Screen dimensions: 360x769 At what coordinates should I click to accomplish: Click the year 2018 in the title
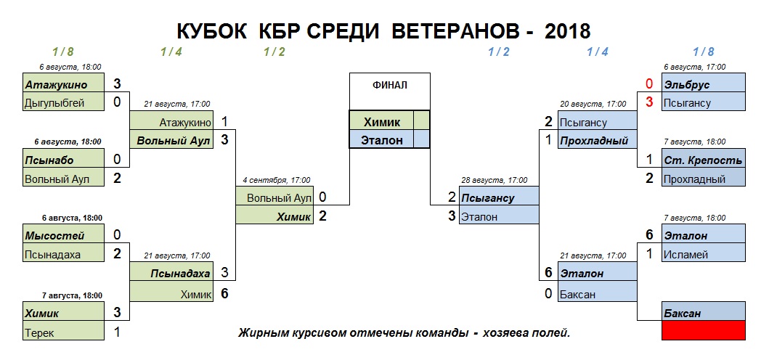tap(566, 31)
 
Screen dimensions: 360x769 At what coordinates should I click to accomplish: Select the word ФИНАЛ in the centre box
tap(389, 85)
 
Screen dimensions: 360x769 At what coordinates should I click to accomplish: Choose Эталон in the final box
tap(381, 140)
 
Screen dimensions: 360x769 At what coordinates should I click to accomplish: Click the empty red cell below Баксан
tap(704, 331)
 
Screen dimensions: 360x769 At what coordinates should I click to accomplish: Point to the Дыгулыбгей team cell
tap(64, 103)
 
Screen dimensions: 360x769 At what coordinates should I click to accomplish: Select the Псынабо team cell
tap(64, 160)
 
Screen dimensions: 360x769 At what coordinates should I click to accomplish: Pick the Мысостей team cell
tap(64, 235)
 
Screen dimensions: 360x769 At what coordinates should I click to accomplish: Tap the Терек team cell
tap(64, 333)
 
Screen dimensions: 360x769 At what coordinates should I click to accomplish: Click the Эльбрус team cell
tap(704, 84)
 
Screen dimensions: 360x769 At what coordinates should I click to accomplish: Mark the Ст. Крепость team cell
tap(704, 160)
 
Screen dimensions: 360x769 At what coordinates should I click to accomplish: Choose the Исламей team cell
tap(704, 254)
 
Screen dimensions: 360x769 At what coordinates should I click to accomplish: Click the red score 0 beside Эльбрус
tap(649, 84)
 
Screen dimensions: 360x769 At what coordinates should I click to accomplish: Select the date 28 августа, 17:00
tap(496, 180)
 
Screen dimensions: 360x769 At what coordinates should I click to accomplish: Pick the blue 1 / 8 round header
tap(703, 52)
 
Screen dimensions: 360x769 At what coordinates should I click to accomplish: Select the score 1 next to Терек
tap(118, 333)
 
